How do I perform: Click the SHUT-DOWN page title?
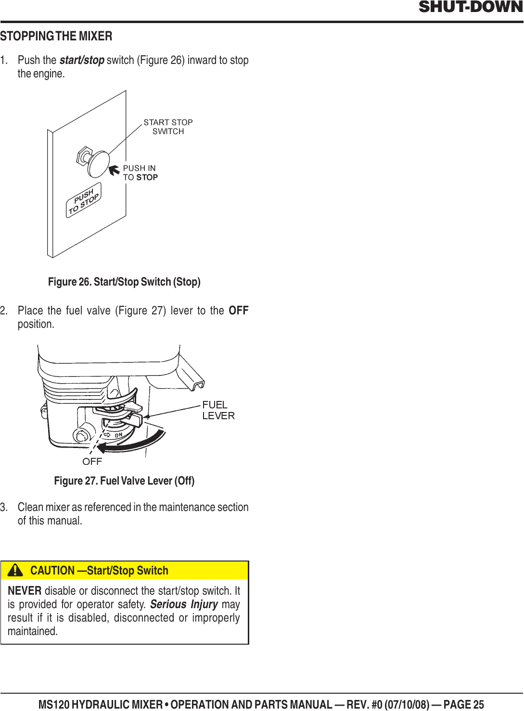[x=470, y=7]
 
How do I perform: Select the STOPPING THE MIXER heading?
[x=56, y=37]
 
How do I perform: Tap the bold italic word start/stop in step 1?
[x=82, y=60]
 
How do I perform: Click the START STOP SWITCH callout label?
[x=168, y=127]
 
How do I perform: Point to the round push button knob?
[x=99, y=164]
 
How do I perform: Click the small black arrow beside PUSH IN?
[x=114, y=170]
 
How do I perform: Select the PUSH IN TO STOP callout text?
[x=140, y=173]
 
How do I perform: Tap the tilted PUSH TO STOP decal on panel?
[x=84, y=200]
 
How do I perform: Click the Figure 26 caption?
[x=124, y=282]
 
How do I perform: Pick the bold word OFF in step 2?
[x=238, y=311]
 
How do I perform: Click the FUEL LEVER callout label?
[x=218, y=410]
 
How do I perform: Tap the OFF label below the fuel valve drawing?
[x=92, y=462]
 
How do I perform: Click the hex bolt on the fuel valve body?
[x=81, y=435]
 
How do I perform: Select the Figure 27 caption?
[x=124, y=481]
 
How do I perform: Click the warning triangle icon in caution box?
[x=15, y=570]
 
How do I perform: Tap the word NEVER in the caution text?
[x=25, y=591]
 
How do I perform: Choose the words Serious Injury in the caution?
[x=184, y=604]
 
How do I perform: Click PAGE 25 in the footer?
[x=463, y=705]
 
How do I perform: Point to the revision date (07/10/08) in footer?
[x=407, y=705]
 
